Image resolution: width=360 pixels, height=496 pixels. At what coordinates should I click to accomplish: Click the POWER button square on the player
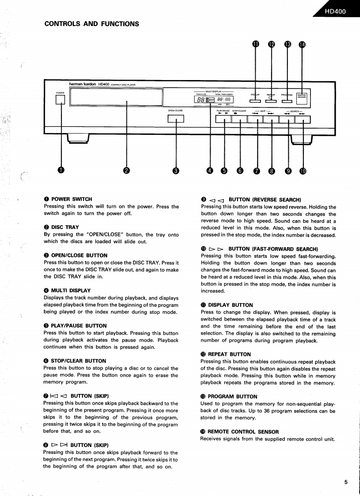(x=60, y=100)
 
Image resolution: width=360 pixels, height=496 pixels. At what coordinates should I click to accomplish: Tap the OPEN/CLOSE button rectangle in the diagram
(x=176, y=118)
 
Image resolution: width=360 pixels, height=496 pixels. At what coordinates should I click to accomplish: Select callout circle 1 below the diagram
(x=61, y=171)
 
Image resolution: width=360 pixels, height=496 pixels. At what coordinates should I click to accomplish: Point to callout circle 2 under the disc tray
(x=126, y=171)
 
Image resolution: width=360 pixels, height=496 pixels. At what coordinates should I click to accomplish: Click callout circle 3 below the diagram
(x=176, y=171)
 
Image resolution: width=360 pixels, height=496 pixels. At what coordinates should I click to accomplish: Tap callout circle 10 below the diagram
(x=303, y=171)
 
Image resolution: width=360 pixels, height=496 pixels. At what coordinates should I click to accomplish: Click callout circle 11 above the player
(x=256, y=44)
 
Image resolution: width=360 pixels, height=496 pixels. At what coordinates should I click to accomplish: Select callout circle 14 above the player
(x=303, y=44)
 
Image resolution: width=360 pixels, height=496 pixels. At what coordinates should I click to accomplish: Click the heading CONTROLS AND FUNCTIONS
(x=92, y=24)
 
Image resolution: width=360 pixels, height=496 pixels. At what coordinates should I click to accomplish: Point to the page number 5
(x=346, y=482)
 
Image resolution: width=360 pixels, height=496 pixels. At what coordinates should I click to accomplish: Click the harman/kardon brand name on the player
(x=83, y=84)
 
